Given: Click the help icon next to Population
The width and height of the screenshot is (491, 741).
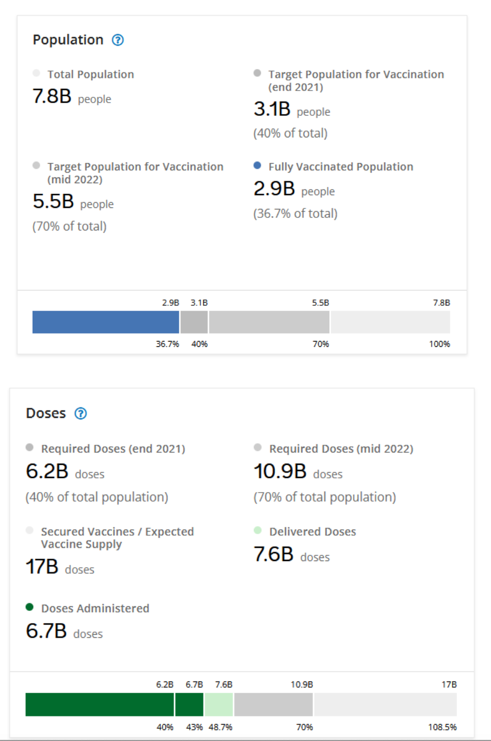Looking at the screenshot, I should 118,40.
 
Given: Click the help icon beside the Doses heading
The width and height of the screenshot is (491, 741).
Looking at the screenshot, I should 81,414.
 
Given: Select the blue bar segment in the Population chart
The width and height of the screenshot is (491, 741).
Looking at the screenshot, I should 105,322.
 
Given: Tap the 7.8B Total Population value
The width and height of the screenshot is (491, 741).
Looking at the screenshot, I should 52,97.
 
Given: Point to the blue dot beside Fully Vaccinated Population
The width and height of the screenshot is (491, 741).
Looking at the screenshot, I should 257,165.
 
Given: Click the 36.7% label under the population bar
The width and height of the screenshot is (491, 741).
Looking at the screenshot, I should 167,344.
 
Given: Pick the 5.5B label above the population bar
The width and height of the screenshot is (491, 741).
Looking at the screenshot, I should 320,303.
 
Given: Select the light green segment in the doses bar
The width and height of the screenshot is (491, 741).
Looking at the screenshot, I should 219,704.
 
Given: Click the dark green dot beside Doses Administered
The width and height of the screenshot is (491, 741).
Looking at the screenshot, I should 30,607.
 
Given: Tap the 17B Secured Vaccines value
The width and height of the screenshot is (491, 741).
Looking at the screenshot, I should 42,567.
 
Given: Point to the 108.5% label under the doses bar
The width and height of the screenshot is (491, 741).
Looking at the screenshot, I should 442,727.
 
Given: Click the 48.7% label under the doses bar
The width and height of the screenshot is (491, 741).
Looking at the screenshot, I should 220,727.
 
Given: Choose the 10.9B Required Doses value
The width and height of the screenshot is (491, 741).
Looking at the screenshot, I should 280,472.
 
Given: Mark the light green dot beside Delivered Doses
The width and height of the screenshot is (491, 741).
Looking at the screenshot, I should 258,530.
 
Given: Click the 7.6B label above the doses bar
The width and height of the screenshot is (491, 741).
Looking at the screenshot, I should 223,685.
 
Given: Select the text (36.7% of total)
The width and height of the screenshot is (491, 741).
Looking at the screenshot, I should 295,214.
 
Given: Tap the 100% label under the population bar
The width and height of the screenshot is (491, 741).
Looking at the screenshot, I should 439,344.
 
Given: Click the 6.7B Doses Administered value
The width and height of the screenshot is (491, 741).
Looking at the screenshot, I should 46,631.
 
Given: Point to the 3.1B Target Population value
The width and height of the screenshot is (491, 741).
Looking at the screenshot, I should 272,109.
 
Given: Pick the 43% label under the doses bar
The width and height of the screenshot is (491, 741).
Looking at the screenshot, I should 194,727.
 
